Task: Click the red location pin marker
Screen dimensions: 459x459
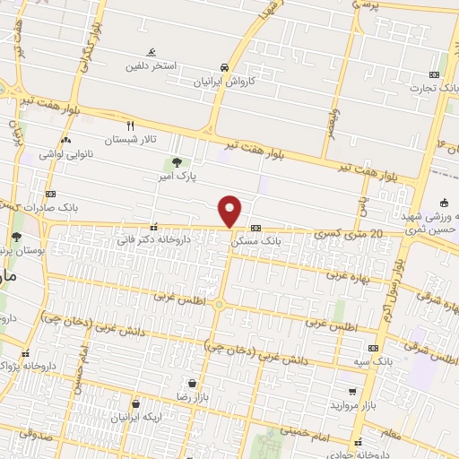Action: (x=230, y=211)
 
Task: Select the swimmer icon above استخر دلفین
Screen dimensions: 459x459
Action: (x=151, y=52)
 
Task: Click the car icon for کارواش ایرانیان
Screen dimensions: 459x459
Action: (x=222, y=67)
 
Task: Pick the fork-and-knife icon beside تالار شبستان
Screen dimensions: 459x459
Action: (x=130, y=126)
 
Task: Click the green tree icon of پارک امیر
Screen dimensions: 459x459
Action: (x=177, y=162)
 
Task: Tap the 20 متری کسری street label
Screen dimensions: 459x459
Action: (x=351, y=235)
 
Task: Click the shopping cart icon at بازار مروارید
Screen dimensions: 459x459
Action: (x=354, y=392)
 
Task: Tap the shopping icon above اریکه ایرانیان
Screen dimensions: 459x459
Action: (x=135, y=404)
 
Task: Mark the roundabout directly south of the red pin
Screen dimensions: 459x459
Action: (x=219, y=304)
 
